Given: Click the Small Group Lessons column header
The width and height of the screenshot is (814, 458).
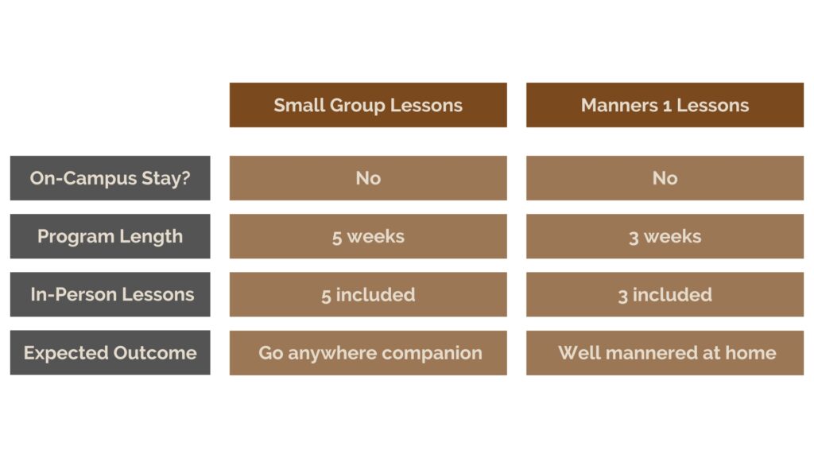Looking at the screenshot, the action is click(x=368, y=105).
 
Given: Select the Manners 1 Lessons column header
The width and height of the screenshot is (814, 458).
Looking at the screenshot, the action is click(x=665, y=105).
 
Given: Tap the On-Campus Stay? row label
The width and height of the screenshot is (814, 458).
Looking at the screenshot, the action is click(x=110, y=178).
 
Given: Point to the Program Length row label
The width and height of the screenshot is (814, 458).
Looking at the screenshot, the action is click(x=110, y=236).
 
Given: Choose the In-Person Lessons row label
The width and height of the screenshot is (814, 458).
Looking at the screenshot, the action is click(x=110, y=294).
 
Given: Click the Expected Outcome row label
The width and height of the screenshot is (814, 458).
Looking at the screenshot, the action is click(x=110, y=352).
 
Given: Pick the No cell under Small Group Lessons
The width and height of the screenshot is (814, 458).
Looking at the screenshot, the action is click(x=368, y=178).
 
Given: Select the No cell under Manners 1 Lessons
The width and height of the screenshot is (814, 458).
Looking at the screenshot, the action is click(x=665, y=178).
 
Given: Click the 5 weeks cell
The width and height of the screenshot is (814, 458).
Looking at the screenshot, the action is click(x=368, y=236).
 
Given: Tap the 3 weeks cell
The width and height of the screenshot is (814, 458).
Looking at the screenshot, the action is click(x=665, y=236).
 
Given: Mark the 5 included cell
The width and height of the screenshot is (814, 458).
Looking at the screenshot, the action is click(x=368, y=294).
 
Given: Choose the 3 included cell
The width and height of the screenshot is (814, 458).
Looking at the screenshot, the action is click(x=665, y=294).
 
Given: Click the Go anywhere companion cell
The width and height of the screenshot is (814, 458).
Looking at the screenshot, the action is click(x=368, y=352).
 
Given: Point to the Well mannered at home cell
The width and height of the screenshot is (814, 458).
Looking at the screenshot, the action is click(x=665, y=352).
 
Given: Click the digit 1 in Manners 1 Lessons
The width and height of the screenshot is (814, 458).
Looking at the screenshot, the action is click(x=667, y=106).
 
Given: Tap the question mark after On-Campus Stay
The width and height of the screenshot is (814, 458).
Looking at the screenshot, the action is click(x=185, y=178).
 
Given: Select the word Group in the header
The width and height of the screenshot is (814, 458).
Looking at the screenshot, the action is click(x=357, y=106).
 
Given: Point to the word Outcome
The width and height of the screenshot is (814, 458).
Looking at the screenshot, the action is click(x=155, y=352).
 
